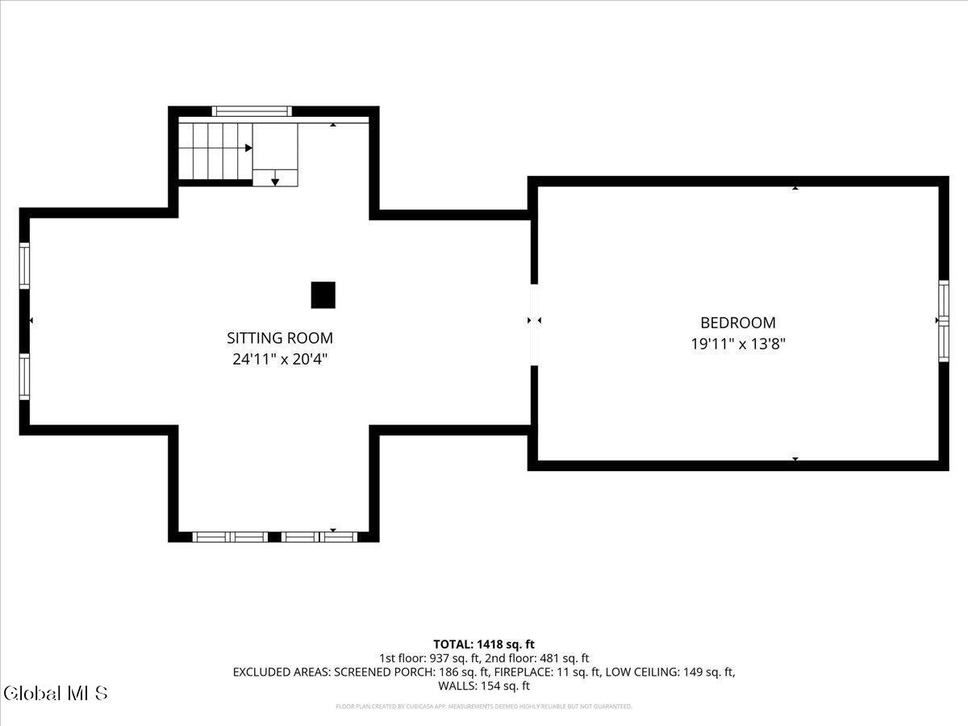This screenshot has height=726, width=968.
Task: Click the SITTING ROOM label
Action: [x=279, y=339]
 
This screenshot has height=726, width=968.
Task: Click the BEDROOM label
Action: [x=737, y=323]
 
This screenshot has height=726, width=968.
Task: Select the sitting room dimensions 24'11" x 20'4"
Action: [x=279, y=360]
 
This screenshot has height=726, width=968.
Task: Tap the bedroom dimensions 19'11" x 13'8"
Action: [x=737, y=344]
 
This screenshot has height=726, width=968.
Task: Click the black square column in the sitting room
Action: [x=323, y=295]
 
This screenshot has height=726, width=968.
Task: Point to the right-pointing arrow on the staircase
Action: [x=248, y=148]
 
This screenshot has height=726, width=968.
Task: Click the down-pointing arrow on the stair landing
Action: [x=275, y=181]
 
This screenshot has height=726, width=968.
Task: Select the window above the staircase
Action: [x=250, y=111]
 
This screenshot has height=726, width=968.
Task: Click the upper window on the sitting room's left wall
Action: [x=24, y=266]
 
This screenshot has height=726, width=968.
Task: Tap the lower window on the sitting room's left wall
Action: [x=24, y=377]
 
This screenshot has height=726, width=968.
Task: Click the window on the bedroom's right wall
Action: [x=943, y=320]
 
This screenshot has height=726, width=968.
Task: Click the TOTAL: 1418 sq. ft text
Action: [x=484, y=644]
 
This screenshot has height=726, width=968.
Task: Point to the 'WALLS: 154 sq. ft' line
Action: [x=484, y=686]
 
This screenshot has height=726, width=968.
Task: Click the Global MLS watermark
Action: [x=55, y=693]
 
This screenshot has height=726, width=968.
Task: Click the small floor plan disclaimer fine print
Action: [x=484, y=707]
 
